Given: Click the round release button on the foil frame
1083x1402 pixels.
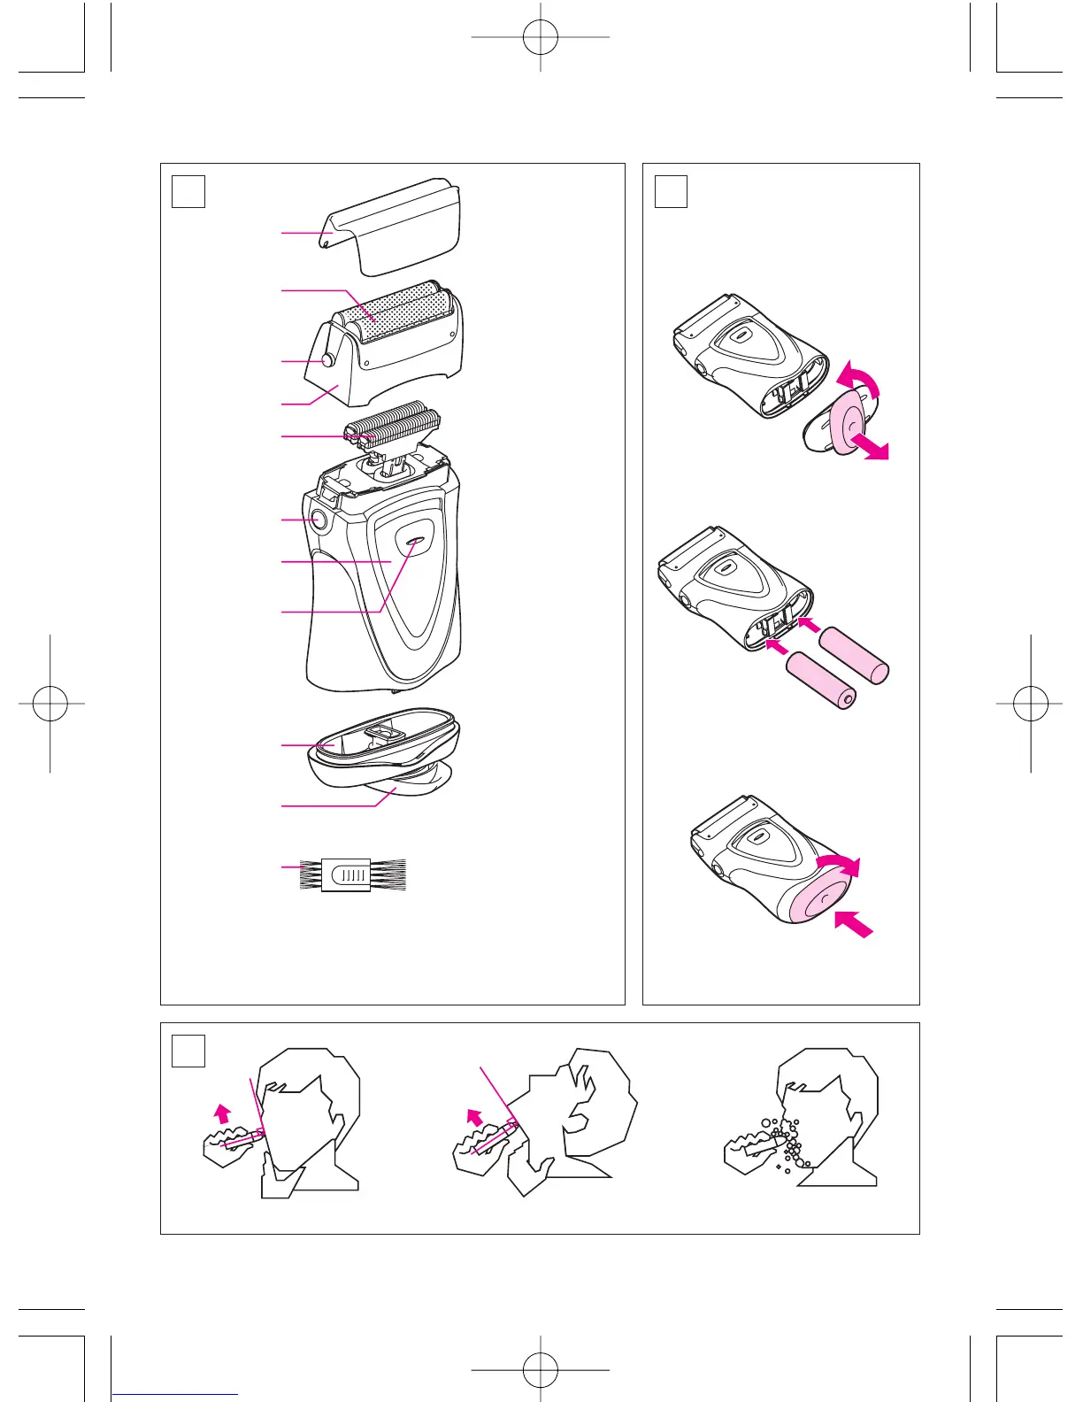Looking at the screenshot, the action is (x=329, y=360).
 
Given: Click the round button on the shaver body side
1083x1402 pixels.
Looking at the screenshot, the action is (x=316, y=520).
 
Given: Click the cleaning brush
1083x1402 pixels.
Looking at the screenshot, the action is (x=354, y=874).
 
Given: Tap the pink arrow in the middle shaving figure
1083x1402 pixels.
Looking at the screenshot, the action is (x=476, y=1119).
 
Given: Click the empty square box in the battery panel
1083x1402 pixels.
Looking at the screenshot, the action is (x=670, y=191).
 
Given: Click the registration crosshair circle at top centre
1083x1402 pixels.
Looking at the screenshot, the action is (x=540, y=37).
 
